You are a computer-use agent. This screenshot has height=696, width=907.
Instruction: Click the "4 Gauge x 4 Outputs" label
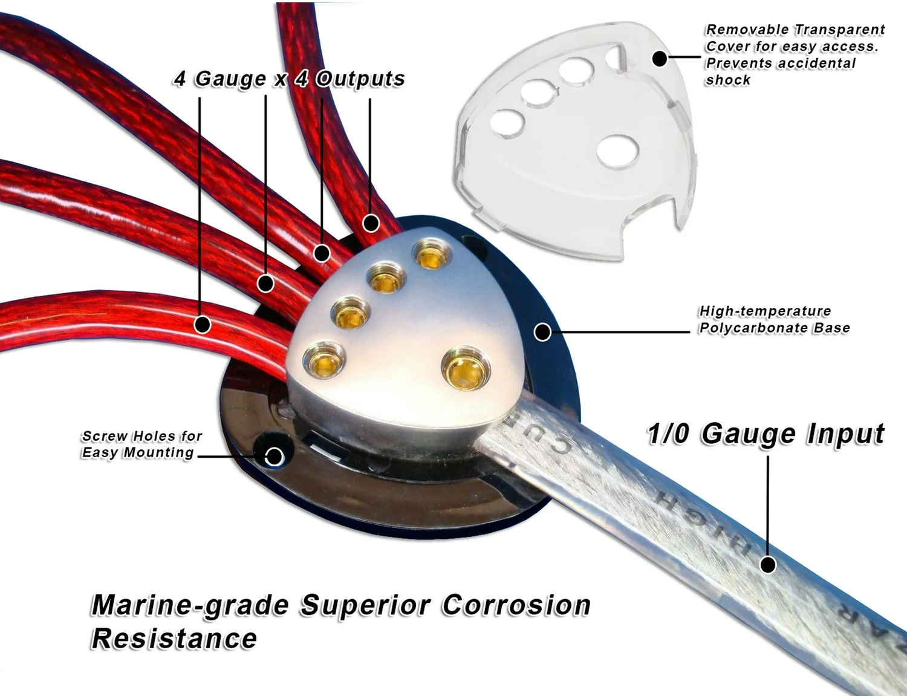coord(289,79)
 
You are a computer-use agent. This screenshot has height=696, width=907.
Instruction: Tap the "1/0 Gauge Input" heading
coord(766,434)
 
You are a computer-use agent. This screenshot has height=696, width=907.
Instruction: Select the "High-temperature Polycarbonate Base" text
coord(774,319)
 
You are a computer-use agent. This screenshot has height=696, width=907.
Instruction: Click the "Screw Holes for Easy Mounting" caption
coord(141,444)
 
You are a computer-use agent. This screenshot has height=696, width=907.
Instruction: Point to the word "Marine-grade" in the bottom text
coord(190,605)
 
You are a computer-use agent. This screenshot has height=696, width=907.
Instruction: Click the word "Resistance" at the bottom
coord(174,639)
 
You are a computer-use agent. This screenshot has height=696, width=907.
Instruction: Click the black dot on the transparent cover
coord(660,59)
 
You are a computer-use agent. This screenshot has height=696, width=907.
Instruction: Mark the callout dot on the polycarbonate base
coord(542,331)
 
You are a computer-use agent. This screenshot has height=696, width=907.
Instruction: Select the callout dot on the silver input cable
coord(768,565)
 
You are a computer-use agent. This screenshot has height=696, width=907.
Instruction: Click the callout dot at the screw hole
coord(274,457)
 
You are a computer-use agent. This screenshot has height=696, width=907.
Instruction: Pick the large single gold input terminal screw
coord(465,366)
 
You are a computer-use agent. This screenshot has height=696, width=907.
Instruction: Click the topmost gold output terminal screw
coord(432,255)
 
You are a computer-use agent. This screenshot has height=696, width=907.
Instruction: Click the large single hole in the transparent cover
coord(617,151)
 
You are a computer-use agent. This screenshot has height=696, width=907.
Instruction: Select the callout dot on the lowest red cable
coord(203,325)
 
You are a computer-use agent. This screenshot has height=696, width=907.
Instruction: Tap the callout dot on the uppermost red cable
coord(371,223)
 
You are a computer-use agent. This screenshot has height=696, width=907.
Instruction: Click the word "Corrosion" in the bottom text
coord(516,605)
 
